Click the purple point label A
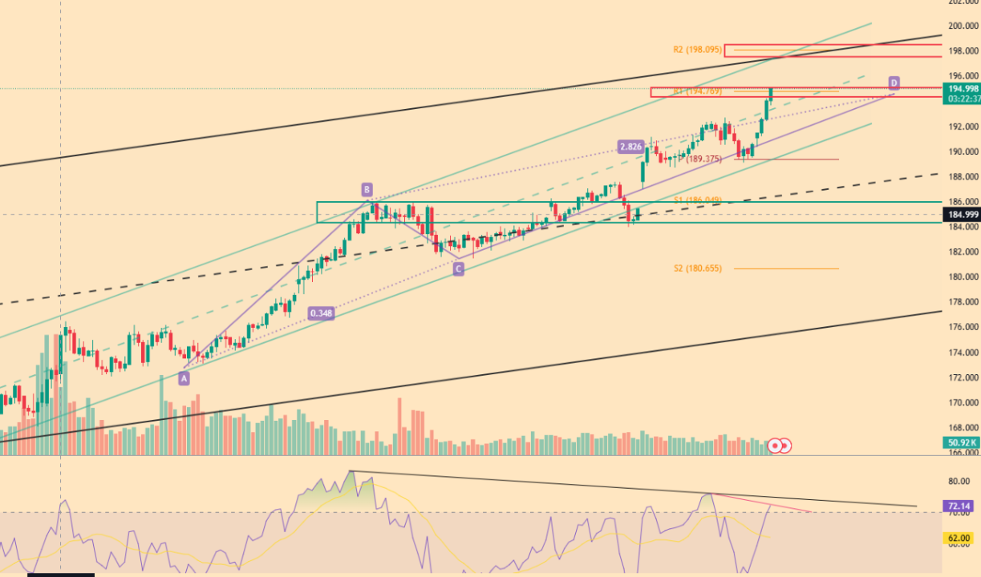coord(184,378)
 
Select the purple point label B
coord(366,190)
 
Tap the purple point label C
coord(458,269)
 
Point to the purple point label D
coord(894,83)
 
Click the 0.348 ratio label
coord(320,313)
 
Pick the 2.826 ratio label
coord(630,147)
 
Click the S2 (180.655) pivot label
coord(697,268)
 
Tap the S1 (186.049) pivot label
coord(697,200)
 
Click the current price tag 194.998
coord(962,88)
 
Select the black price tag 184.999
coord(962,215)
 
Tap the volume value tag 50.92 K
coord(962,442)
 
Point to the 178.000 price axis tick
coord(963,302)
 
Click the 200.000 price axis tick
coord(963,26)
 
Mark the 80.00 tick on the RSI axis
coord(959,482)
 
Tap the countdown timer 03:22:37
coord(962,99)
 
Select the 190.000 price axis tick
coord(963,151)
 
